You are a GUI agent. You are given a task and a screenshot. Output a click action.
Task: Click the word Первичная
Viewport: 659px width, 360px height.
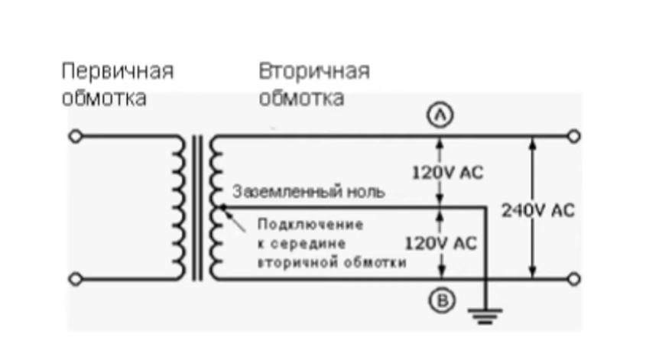coord(118,71)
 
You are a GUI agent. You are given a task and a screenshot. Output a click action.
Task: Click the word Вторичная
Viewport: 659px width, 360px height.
coord(314,71)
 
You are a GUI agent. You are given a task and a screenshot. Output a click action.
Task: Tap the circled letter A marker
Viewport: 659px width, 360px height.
coord(440,115)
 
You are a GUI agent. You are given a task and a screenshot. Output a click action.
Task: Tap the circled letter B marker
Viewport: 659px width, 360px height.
coord(442,300)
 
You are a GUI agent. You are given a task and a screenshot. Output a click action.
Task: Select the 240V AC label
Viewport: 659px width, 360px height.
coord(538,210)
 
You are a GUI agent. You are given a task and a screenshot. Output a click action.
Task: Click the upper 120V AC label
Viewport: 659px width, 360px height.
coord(447,173)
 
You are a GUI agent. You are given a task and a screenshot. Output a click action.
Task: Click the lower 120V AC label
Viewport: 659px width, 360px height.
coord(441,244)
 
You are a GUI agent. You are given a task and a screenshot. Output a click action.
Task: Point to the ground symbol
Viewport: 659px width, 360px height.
coord(485,316)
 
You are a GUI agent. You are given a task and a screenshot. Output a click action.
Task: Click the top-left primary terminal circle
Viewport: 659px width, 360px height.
coord(75,137)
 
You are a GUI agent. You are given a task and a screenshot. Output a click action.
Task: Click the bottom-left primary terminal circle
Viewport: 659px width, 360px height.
coord(75,279)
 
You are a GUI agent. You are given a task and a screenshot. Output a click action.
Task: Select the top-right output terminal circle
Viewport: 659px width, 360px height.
coord(573,137)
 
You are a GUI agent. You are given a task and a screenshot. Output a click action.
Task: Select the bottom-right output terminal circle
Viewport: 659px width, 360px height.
coord(573,279)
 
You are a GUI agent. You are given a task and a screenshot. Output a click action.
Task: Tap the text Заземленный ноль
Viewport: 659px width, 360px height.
coord(309,192)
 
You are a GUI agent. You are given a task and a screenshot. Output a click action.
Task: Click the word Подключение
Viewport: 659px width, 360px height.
coord(310,224)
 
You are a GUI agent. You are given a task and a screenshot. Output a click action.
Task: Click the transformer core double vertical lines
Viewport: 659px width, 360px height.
coord(197,207)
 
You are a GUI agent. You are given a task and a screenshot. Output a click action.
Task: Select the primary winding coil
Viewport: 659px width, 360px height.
coord(179,207)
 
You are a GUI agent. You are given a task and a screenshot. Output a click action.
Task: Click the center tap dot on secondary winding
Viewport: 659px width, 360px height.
coord(222,206)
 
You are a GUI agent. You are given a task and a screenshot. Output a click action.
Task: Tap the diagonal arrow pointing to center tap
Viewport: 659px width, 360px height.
coord(234,219)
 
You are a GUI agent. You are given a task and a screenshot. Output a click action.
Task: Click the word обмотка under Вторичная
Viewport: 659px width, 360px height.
coord(301,99)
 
